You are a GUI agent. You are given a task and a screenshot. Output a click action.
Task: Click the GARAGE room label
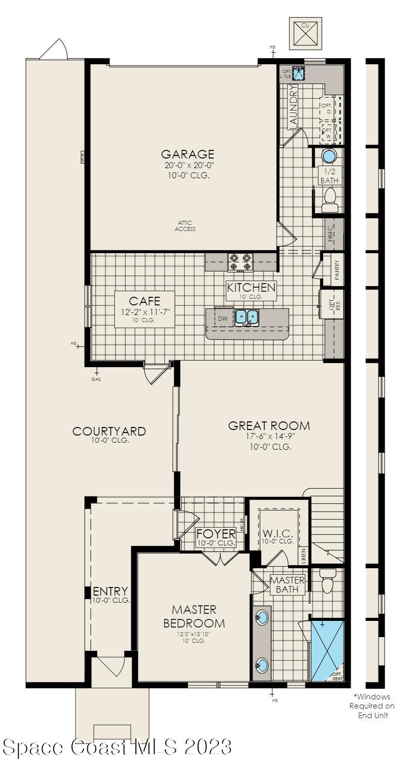187,154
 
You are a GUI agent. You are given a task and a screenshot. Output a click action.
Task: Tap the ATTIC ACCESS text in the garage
185,226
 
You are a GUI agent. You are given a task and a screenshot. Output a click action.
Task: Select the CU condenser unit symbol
305,33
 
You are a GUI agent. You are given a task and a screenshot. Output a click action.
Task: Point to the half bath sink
329,156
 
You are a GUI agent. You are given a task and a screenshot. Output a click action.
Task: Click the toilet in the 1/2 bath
330,200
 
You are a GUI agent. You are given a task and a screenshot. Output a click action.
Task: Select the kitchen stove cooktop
241,262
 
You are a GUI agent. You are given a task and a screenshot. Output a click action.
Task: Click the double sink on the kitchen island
247,318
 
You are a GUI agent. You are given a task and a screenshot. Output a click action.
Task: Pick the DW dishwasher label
223,319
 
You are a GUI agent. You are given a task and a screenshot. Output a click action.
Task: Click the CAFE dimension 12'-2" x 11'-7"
144,312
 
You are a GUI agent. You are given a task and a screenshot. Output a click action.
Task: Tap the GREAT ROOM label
269,425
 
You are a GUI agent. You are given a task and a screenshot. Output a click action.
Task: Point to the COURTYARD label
109,431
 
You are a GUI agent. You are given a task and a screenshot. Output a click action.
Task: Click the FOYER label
216,534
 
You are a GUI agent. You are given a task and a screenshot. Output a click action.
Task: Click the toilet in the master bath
328,581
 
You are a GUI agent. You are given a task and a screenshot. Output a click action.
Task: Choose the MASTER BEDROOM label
194,616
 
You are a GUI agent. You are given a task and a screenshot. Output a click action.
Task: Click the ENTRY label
110,592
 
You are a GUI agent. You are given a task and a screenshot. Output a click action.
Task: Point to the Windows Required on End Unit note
372,706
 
